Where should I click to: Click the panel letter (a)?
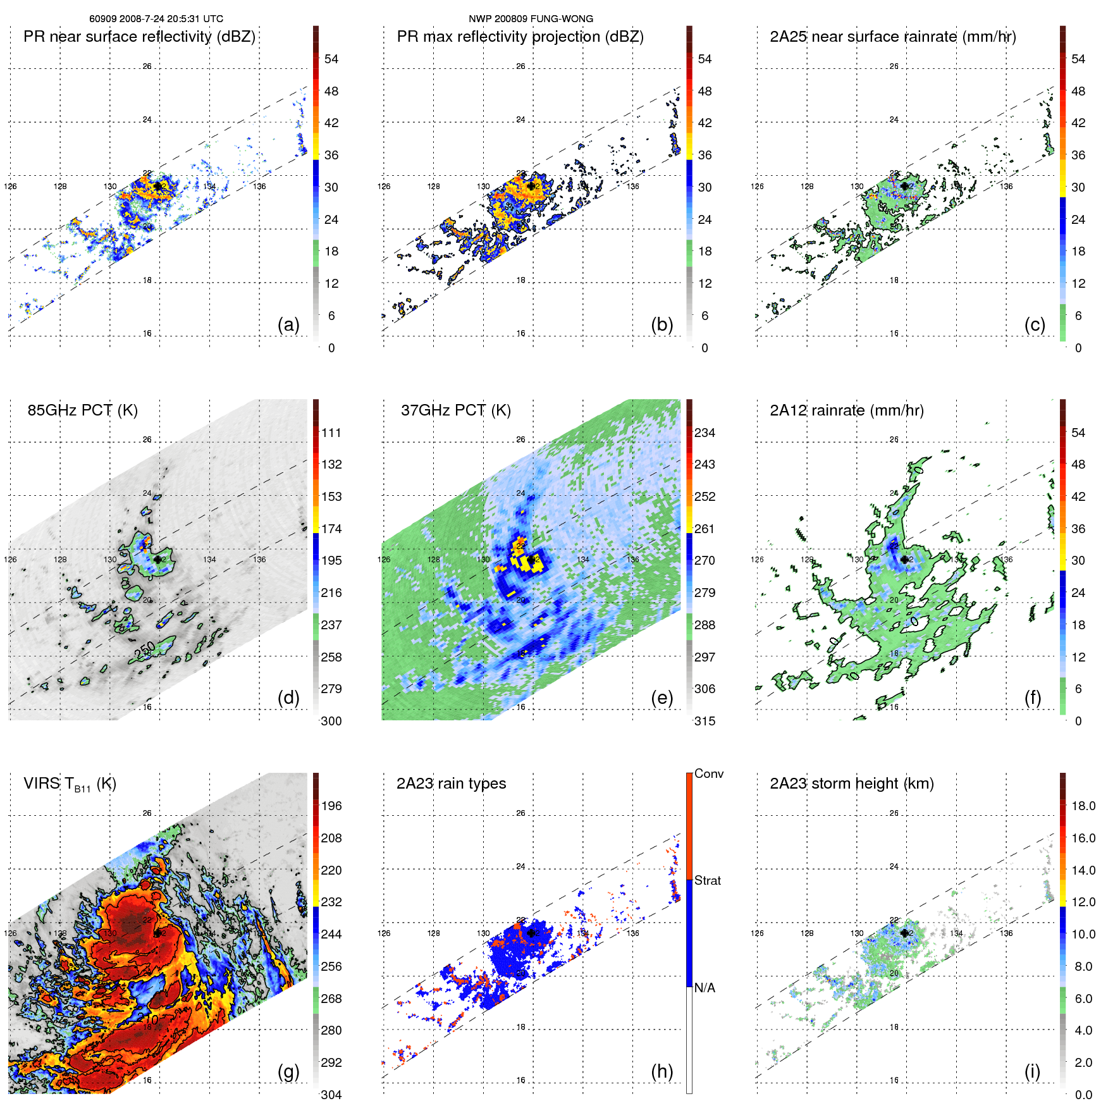point(288,324)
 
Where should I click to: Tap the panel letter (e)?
point(662,698)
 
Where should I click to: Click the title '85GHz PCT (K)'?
point(82,410)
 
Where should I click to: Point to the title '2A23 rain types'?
point(451,784)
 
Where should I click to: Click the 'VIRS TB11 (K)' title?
point(70,784)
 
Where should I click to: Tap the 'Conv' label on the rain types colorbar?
point(708,773)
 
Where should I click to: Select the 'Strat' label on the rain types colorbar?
point(707,880)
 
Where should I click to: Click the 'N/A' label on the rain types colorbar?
point(705,988)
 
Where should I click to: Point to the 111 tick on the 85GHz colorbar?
point(331,433)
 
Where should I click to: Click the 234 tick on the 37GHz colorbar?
point(705,433)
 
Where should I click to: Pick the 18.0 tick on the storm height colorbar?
point(1083,806)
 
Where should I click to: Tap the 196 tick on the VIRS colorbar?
point(331,806)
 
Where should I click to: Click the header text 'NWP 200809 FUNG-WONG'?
point(531,19)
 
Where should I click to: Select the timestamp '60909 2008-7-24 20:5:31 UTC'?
point(156,19)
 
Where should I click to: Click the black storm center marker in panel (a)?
point(157,186)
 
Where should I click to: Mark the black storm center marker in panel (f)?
point(905,560)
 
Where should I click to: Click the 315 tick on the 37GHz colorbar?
point(705,721)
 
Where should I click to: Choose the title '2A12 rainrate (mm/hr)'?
point(846,410)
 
